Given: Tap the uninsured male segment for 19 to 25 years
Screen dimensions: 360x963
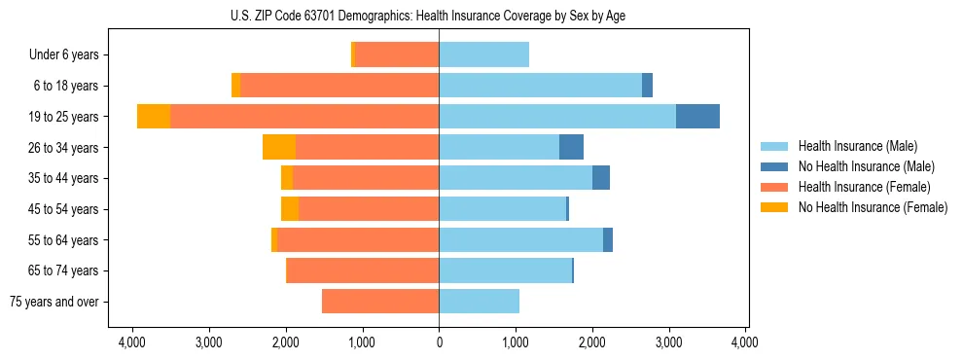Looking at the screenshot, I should (x=697, y=116).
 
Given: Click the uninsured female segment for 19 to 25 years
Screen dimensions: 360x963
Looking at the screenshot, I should (x=154, y=116).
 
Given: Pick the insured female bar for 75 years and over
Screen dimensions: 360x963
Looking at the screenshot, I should (x=380, y=302).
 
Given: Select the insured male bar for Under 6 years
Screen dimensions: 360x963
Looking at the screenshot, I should (x=483, y=54).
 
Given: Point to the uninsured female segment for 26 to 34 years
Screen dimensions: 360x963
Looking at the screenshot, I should (x=279, y=147).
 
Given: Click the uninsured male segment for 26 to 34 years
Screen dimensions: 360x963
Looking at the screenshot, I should (x=571, y=147).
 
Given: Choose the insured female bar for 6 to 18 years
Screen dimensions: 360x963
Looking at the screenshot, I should (x=339, y=86).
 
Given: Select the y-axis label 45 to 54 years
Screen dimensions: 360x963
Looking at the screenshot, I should (x=64, y=209).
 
